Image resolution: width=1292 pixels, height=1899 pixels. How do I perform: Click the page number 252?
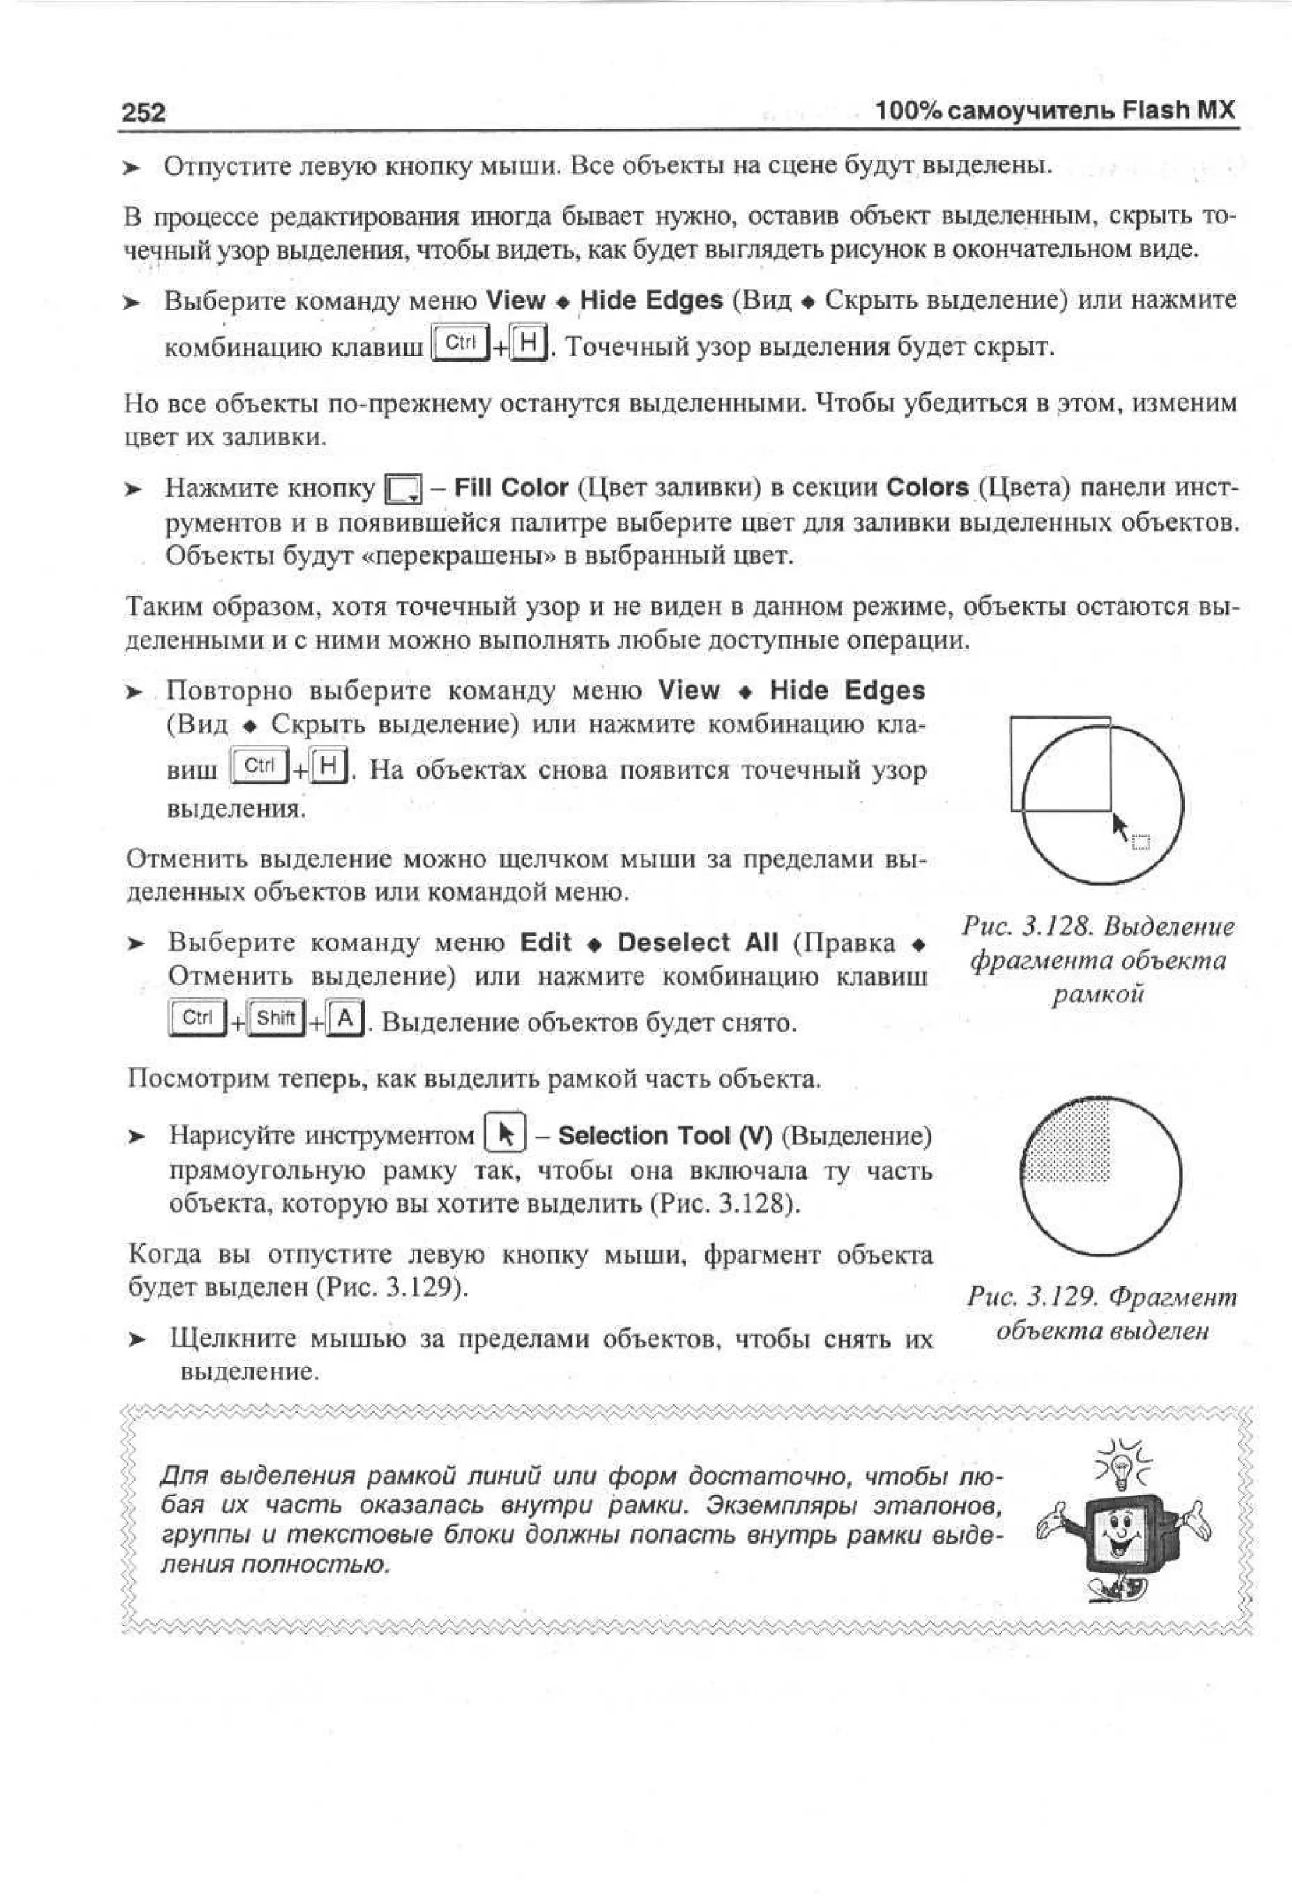tap(144, 112)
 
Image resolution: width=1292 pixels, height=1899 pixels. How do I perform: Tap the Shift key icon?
tap(276, 1018)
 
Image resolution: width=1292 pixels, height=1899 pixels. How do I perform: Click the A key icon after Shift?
tap(346, 1019)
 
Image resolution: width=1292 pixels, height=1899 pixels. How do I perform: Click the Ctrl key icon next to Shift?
tap(197, 1018)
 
